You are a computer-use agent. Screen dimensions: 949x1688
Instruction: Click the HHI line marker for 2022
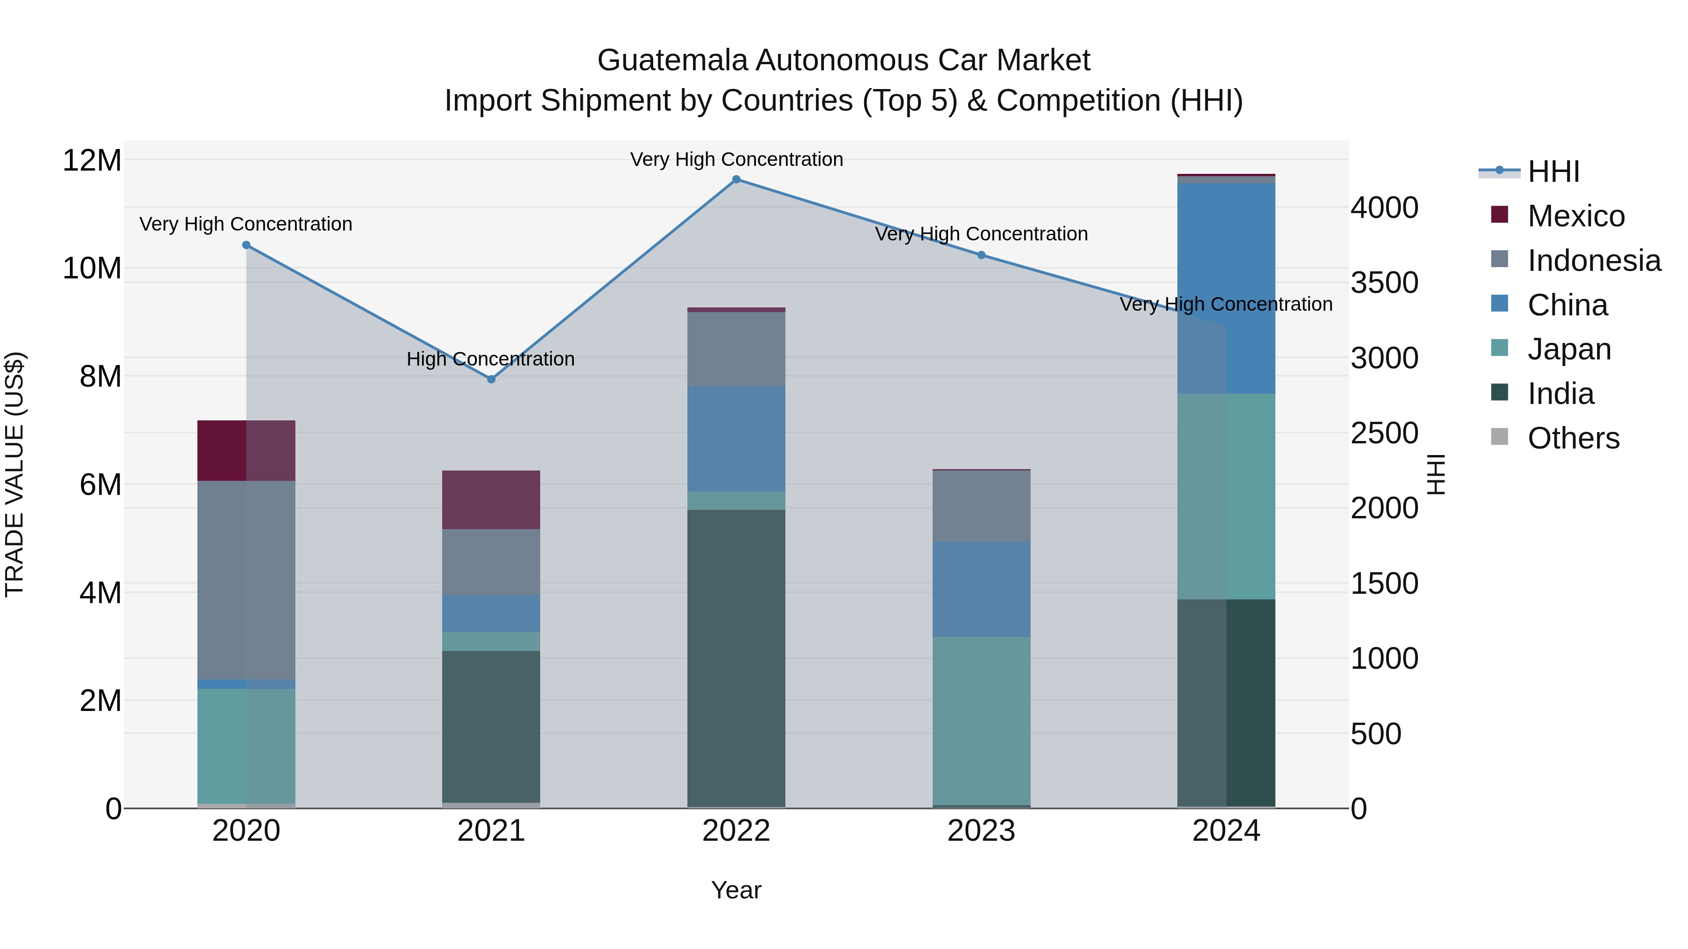coord(736,179)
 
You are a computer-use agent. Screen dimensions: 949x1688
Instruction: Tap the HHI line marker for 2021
coord(491,379)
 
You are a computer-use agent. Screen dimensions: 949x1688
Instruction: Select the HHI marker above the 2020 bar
coord(246,245)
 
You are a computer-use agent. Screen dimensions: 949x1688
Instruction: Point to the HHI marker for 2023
coord(981,255)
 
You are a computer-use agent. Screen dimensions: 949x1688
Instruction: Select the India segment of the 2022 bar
coord(736,658)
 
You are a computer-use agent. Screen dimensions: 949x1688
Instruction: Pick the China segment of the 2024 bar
coord(1226,288)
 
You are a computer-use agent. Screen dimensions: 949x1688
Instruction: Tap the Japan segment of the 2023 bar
coord(981,720)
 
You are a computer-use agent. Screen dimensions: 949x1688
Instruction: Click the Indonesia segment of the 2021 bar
coord(491,562)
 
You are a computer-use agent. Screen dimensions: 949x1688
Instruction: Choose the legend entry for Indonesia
coord(1594,261)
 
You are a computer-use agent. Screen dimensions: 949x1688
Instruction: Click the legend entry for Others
coord(1573,438)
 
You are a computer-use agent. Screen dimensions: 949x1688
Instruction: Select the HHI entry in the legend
coord(1553,172)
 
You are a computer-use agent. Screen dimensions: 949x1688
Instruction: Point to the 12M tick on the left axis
coord(92,160)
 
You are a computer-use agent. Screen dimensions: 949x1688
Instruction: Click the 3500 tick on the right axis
coord(1384,283)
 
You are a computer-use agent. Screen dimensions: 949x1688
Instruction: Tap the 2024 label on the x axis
coord(1226,831)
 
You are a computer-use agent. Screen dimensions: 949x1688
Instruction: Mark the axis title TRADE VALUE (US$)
coord(15,474)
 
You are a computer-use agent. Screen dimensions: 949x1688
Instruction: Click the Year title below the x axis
coord(736,890)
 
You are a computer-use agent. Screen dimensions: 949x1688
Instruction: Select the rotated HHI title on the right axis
coord(1435,474)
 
